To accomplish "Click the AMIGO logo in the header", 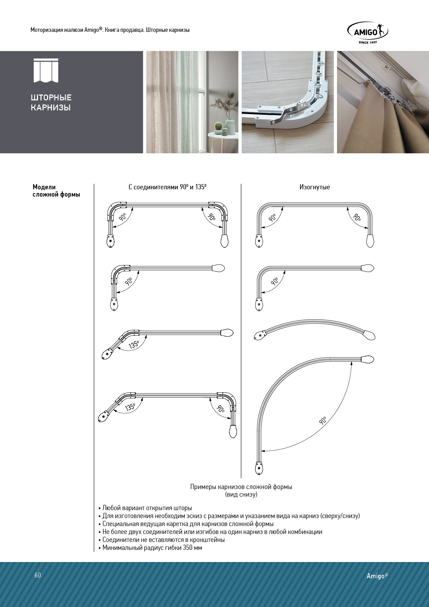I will [x=367, y=32].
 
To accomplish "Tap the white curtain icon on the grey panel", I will [x=46, y=71].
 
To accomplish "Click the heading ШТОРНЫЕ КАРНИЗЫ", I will [x=51, y=102].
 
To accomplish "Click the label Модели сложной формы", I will [x=56, y=191].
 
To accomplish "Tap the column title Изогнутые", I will [x=314, y=187].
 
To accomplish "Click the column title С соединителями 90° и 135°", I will [x=167, y=187].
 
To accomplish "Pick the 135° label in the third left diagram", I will [x=134, y=345].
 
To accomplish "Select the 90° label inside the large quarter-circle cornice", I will [x=323, y=420].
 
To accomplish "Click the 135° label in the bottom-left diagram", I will [x=130, y=407].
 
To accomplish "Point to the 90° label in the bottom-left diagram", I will [x=220, y=408].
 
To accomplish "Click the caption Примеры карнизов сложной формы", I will [x=241, y=487].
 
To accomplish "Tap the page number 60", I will [x=38, y=575].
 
